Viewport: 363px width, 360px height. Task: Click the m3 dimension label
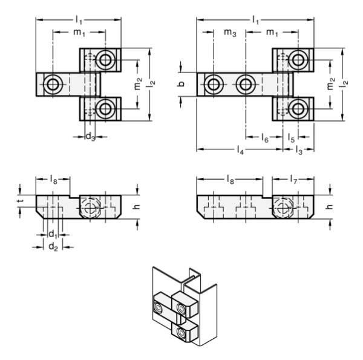point(230,33)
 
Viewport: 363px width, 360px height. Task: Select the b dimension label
point(181,84)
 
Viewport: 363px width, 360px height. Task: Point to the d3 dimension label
point(90,137)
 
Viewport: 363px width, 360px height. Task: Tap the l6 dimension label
point(264,138)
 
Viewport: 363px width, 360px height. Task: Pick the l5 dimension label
point(291,138)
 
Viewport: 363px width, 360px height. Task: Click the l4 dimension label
point(240,150)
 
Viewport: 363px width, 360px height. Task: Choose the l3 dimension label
point(299,150)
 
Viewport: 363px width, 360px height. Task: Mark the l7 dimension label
point(293,180)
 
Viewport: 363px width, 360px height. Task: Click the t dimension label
point(20,201)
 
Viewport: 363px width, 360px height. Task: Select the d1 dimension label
point(53,235)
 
